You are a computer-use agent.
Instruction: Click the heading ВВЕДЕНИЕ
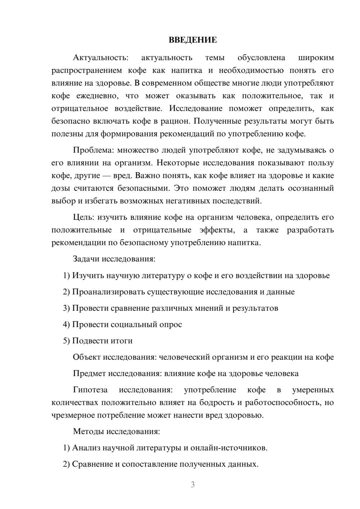click(x=193, y=40)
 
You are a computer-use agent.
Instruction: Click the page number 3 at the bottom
click(x=193, y=485)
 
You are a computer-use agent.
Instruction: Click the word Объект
click(x=87, y=357)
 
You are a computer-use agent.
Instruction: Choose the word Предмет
click(x=89, y=373)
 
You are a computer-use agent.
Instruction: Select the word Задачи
click(x=86, y=259)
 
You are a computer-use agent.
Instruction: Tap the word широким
click(x=316, y=58)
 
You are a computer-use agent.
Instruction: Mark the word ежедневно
click(x=97, y=96)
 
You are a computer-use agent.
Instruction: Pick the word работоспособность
click(x=282, y=402)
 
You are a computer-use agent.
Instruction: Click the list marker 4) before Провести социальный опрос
click(x=66, y=324)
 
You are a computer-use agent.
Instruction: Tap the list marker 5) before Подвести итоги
click(x=66, y=341)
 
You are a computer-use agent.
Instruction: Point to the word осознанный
click(x=311, y=188)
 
